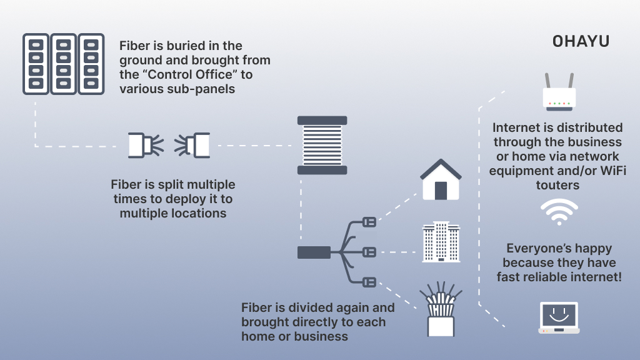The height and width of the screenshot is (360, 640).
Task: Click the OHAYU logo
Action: click(x=581, y=42)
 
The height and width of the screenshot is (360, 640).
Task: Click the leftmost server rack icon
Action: click(x=36, y=64)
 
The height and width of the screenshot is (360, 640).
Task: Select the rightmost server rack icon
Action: click(x=91, y=64)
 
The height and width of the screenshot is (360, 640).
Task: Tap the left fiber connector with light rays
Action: click(x=145, y=145)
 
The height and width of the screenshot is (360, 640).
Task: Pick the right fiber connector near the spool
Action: click(x=194, y=145)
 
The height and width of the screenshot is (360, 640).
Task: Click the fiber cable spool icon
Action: click(x=322, y=145)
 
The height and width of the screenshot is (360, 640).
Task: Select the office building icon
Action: click(x=441, y=242)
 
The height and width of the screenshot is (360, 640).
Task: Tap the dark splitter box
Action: click(x=314, y=252)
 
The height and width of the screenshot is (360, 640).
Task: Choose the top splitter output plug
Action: click(x=369, y=221)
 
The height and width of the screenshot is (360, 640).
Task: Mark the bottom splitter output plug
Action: click(x=369, y=282)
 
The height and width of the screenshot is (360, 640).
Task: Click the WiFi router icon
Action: click(x=557, y=93)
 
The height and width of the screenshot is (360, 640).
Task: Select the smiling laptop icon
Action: click(x=559, y=318)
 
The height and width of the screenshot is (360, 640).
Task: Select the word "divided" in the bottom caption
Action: click(x=299, y=308)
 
